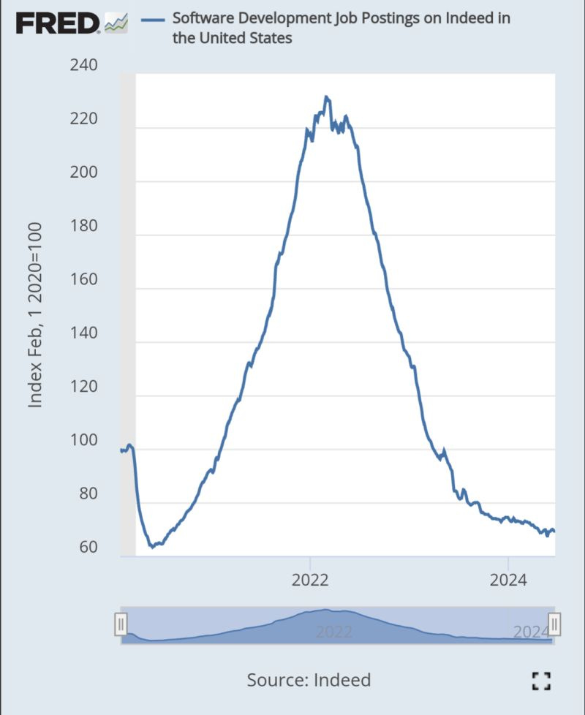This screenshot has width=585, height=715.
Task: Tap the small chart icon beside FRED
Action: tap(116, 23)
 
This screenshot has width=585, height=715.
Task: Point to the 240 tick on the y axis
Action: tap(84, 66)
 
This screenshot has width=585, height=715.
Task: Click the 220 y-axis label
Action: tap(84, 119)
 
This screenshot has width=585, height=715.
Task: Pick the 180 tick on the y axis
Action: tap(84, 227)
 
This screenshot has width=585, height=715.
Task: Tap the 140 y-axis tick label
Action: tap(84, 333)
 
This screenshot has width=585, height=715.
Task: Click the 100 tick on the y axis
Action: tap(84, 441)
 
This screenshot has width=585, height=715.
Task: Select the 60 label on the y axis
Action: tap(88, 548)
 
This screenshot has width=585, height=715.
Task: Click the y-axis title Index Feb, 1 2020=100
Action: tap(34, 315)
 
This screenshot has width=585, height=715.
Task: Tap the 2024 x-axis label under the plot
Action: tap(508, 581)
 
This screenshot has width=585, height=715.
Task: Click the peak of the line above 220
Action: tap(326, 97)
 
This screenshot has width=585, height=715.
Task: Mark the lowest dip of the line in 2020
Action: tap(151, 546)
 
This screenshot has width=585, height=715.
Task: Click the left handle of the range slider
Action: tap(121, 624)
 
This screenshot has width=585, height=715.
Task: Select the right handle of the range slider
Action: tap(554, 624)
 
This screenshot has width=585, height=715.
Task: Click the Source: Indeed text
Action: tap(309, 680)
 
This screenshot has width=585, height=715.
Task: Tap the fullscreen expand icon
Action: tap(540, 681)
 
